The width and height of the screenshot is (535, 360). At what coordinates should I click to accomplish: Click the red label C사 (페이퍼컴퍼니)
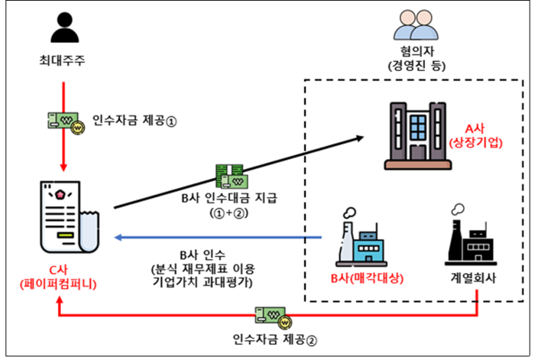click(x=66, y=276)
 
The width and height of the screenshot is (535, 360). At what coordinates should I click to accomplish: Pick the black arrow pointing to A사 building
click(x=237, y=172)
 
